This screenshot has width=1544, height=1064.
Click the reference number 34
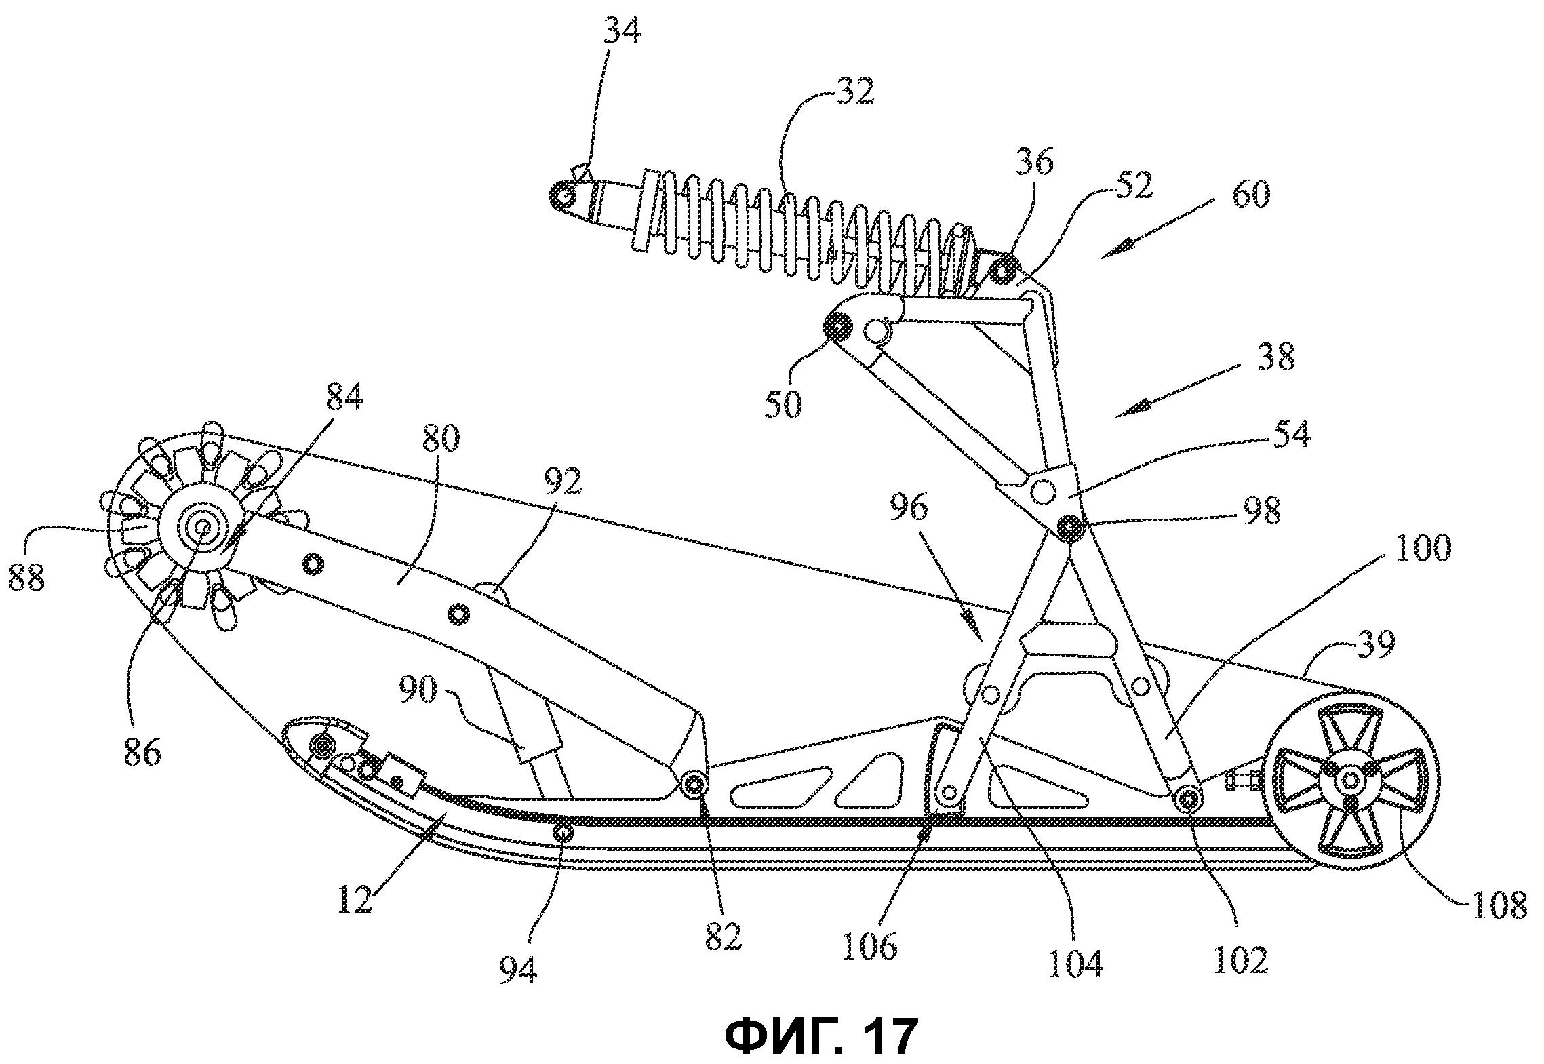point(621,32)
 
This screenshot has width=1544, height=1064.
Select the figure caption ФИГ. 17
point(821,1036)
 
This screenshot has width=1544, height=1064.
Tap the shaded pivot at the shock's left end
point(561,195)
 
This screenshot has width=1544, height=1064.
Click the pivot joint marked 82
point(693,785)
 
